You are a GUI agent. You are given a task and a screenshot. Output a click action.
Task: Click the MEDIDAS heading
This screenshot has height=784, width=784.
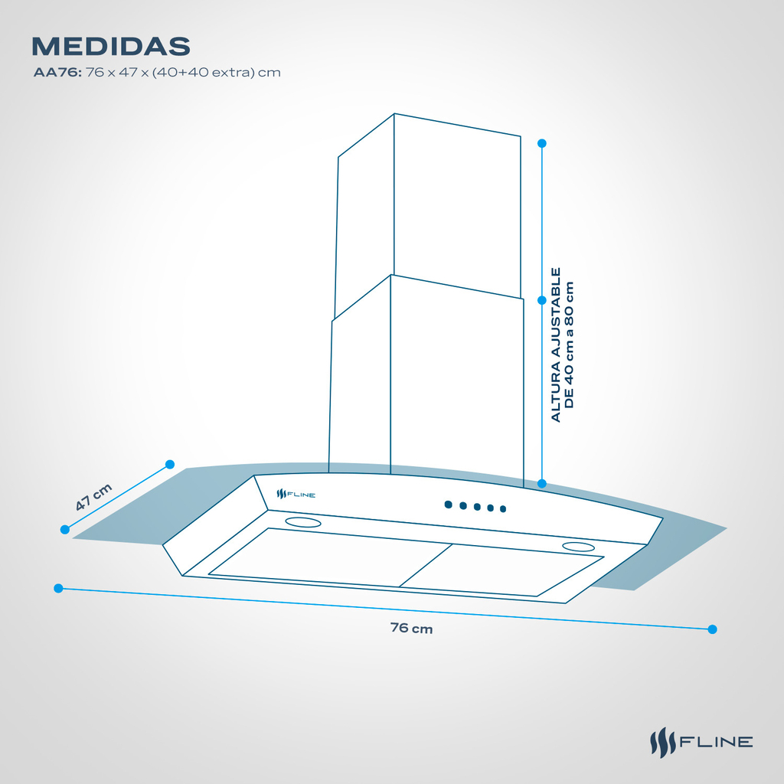[111, 46]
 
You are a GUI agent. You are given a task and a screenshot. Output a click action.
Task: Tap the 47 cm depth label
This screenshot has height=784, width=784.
[93, 497]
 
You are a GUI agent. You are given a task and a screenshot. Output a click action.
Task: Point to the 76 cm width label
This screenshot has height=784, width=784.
[411, 628]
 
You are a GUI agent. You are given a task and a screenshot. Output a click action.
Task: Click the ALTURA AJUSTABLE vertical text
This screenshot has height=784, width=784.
[556, 345]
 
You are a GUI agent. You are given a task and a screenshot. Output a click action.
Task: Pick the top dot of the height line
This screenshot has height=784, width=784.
[541, 143]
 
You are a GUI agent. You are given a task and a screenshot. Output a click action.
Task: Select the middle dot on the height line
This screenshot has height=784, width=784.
[541, 300]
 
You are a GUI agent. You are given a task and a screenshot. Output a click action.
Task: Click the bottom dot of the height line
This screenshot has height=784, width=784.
[541, 484]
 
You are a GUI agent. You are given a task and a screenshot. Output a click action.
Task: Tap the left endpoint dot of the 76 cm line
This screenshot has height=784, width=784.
[58, 589]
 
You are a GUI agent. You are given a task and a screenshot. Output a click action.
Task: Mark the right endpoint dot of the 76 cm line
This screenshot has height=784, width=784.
[713, 629]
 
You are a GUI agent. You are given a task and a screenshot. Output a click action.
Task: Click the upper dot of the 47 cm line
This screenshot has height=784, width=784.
[170, 465]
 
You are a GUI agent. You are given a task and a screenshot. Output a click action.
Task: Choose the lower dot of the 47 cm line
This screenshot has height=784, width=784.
[65, 530]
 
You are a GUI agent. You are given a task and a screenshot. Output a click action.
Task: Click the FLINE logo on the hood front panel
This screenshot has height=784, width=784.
[296, 495]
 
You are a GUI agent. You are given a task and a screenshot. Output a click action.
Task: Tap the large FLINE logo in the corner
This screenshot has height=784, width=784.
[701, 742]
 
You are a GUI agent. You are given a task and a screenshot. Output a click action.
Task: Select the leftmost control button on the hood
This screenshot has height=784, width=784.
[449, 505]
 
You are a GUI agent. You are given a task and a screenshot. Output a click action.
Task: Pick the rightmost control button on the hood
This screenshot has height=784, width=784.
[503, 509]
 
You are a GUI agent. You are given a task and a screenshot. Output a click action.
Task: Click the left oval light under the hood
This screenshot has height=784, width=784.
[303, 522]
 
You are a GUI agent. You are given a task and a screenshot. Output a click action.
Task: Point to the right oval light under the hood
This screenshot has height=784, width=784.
[578, 547]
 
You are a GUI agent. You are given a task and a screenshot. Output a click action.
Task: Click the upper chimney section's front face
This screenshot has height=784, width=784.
[457, 205]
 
